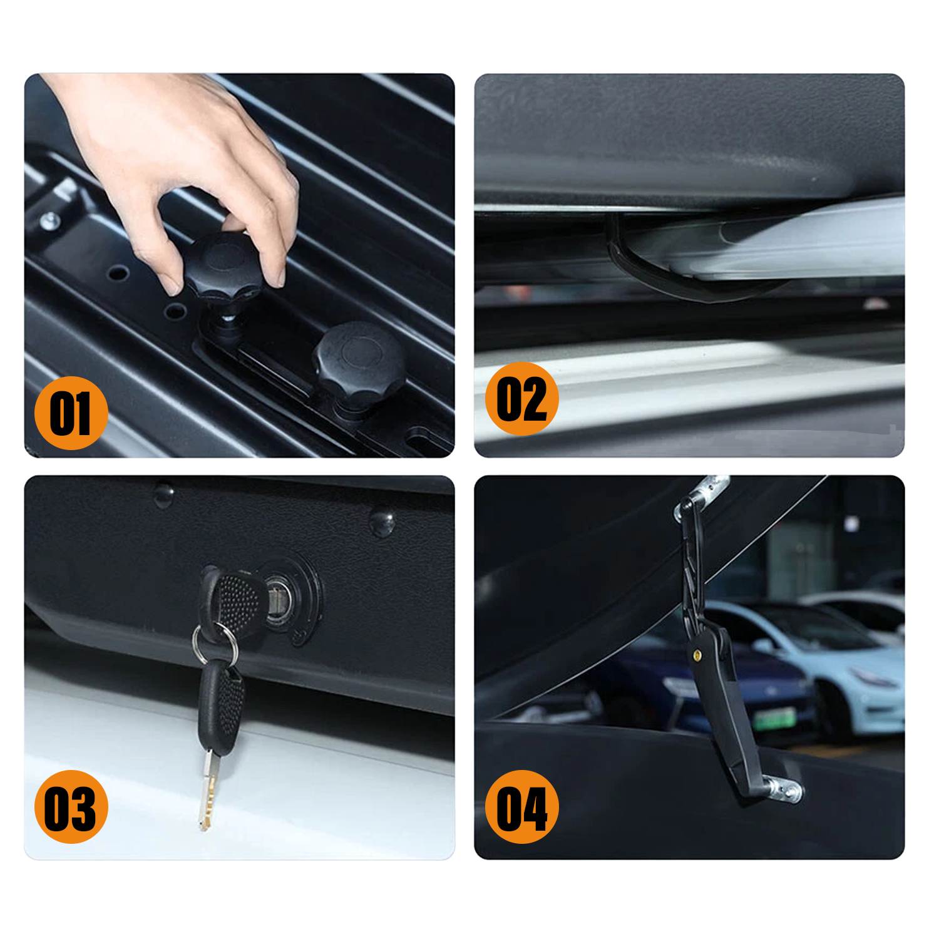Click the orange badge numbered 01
click(71, 413)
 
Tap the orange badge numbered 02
click(521, 399)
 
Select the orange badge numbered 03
click(71, 807)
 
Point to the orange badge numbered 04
click(521, 807)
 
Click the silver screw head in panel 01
click(50, 220)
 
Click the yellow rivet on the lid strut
click(697, 655)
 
